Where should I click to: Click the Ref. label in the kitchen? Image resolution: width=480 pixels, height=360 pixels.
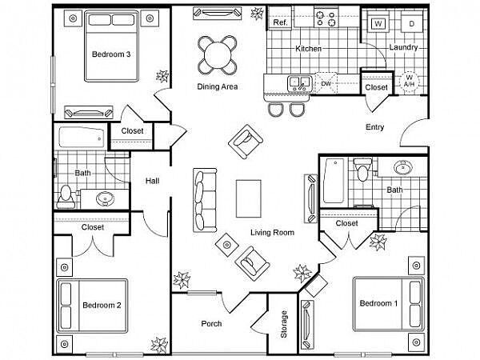[281, 22]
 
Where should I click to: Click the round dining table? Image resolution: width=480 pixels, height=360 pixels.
[218, 55]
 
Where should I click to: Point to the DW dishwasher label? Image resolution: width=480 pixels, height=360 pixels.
[326, 83]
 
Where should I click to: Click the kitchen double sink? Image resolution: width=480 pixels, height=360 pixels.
[299, 83]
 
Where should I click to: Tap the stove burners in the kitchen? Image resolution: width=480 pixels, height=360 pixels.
[326, 18]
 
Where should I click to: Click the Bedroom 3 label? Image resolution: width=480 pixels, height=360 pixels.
[111, 54]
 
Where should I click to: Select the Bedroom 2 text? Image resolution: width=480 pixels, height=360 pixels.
[102, 305]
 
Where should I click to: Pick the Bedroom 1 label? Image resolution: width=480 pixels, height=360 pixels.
[378, 303]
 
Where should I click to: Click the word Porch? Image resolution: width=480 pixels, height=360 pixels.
[211, 323]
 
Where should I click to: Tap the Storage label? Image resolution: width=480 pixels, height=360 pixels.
[284, 324]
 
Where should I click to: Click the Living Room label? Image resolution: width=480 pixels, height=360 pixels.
[272, 232]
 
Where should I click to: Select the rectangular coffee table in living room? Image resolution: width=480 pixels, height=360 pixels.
[249, 198]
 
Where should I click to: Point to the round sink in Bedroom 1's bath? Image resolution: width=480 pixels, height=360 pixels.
[403, 167]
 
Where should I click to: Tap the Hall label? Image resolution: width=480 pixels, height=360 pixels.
[152, 181]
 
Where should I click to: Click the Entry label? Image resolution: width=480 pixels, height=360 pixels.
[374, 126]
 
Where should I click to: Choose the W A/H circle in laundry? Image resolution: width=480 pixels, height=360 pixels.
[410, 80]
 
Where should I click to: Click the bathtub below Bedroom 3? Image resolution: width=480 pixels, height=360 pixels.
[82, 138]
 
